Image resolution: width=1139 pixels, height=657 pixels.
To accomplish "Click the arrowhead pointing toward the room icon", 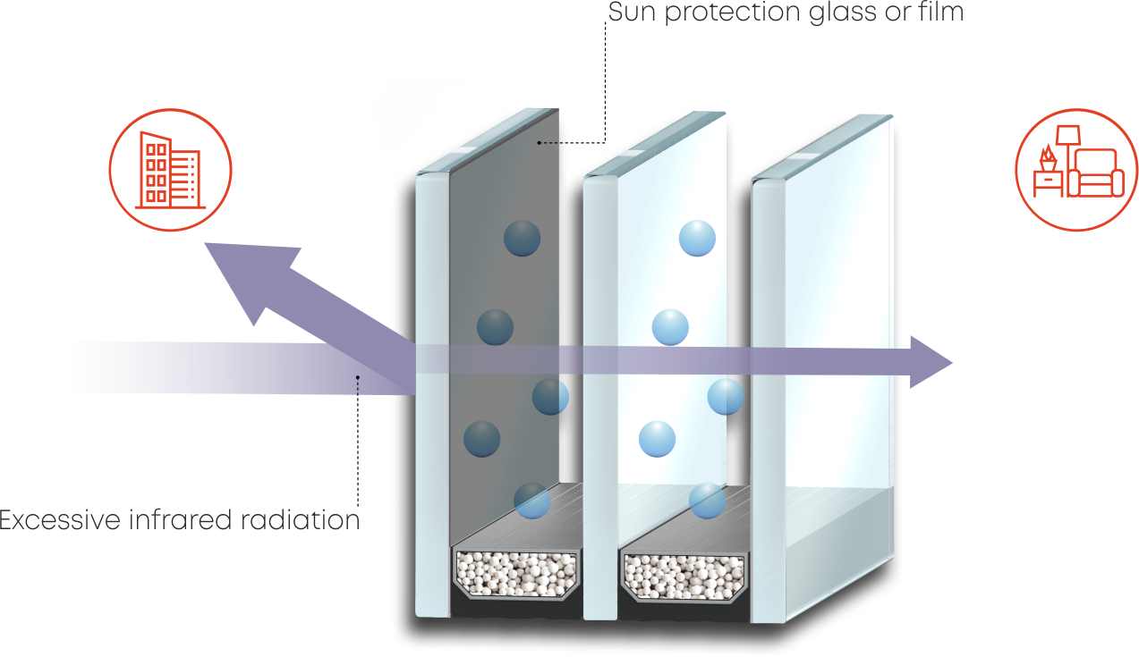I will coord(931,362).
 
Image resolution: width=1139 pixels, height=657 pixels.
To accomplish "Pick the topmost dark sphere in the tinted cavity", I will coord(523,239).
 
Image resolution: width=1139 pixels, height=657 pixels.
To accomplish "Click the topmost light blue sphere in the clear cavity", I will coord(697,239).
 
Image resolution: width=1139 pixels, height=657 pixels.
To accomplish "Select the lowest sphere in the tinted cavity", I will coord(531,501).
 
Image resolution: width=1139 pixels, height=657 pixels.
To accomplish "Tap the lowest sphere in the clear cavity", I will coord(707,501).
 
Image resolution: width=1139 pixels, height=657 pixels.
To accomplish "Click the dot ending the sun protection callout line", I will coord(540,142).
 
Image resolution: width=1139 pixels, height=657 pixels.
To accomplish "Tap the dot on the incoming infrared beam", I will coord(358,377).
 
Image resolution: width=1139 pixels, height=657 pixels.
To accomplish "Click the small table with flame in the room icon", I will coord(1045,178).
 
